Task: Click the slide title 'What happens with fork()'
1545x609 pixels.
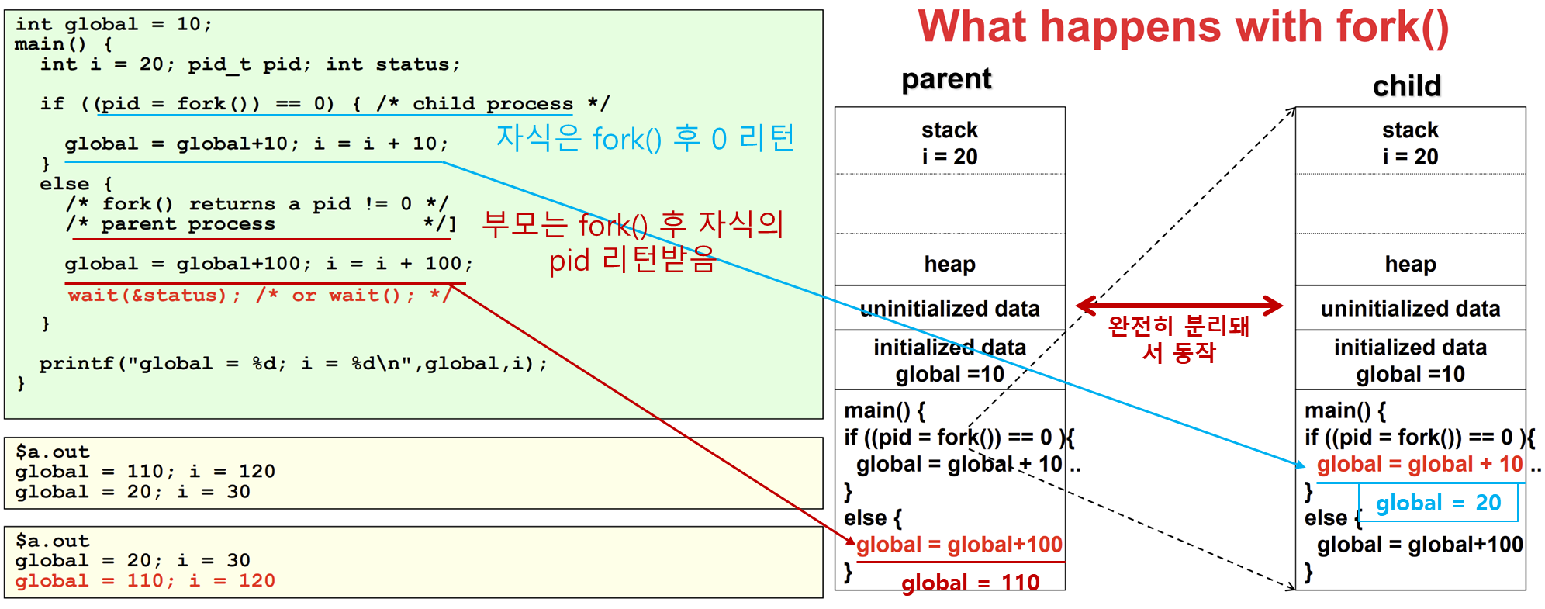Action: coord(1184,27)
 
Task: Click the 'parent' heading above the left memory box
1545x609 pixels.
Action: coord(946,79)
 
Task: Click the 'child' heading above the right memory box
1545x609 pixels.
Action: coord(1407,85)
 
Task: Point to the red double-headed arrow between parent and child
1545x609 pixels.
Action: coord(1179,306)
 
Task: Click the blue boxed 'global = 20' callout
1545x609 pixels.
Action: coord(1438,503)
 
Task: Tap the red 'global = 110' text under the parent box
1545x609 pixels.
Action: coord(970,583)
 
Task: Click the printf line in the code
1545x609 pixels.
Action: coord(293,364)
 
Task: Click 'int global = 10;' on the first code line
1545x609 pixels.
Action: coord(113,24)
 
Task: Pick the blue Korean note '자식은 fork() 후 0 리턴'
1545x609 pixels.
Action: coord(645,138)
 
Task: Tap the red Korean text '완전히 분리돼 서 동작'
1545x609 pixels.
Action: coord(1179,339)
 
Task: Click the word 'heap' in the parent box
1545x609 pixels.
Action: coord(949,264)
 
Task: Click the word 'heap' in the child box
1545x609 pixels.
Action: coord(1410,264)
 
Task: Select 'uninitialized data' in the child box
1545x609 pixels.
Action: coord(1410,309)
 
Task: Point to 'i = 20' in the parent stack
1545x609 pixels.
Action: coord(949,157)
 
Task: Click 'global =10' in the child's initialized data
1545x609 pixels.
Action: coord(1410,375)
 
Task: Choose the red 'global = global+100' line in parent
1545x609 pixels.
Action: coord(959,545)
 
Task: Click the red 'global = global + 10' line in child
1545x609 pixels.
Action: coord(1419,465)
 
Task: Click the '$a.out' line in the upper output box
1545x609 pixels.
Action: coord(52,452)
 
